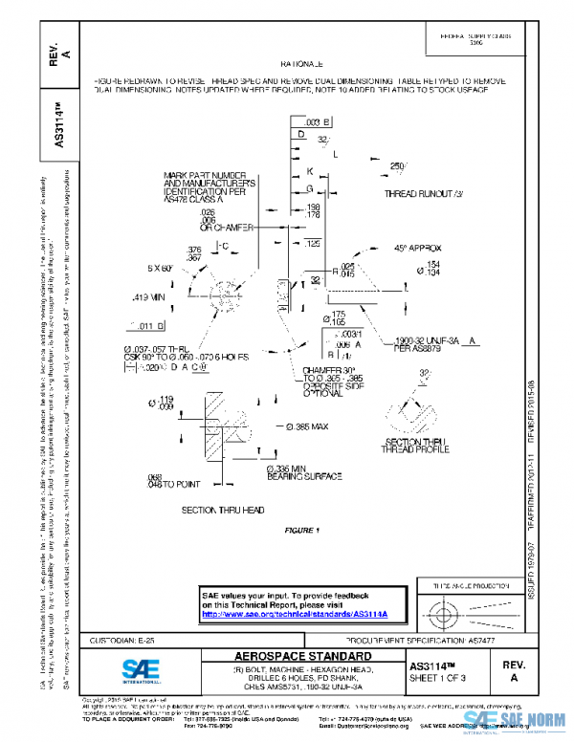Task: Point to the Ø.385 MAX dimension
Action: (x=306, y=426)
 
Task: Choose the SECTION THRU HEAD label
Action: (x=222, y=510)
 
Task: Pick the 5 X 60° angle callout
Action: (x=159, y=269)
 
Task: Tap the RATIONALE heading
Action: (x=300, y=62)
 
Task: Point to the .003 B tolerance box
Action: (x=316, y=122)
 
